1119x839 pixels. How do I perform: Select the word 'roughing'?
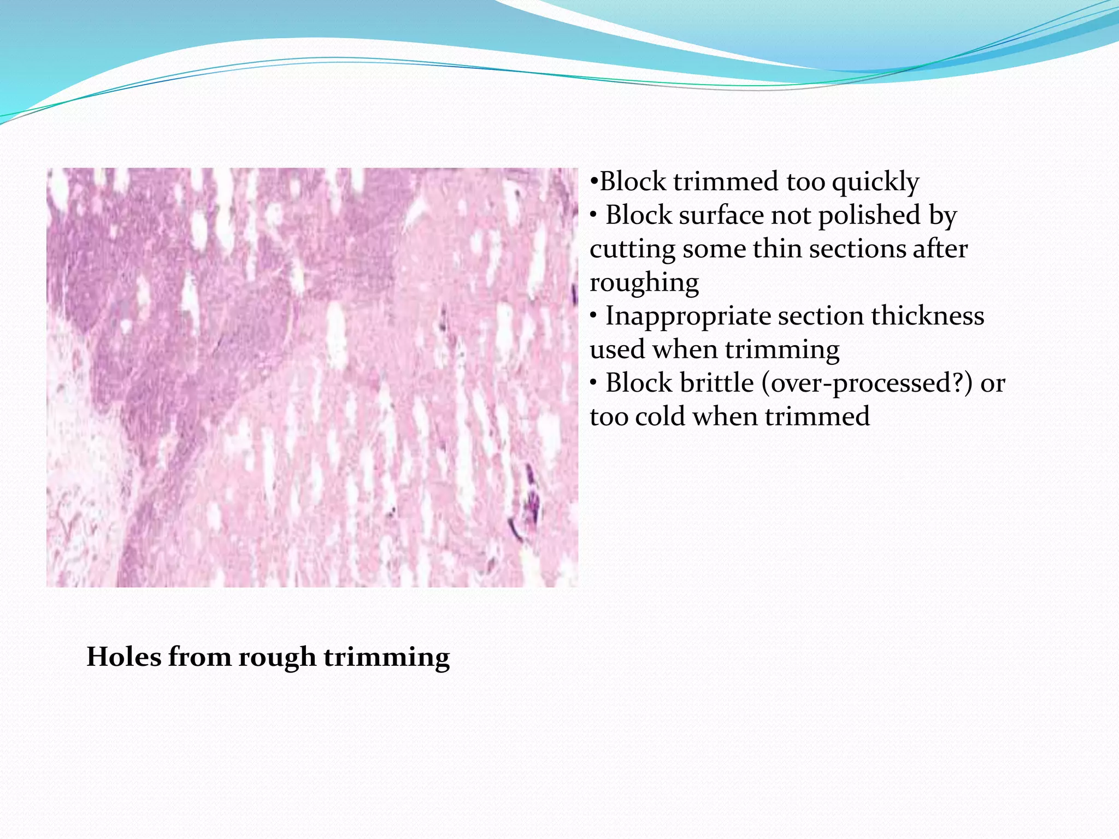644,283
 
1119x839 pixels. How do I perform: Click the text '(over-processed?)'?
867,383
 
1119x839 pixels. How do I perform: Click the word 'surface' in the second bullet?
721,215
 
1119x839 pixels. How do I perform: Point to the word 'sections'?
850,249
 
